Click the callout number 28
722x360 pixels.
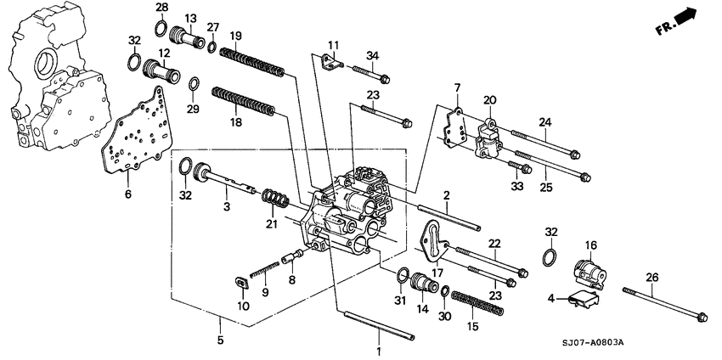point(161,8)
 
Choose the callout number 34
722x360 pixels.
point(370,57)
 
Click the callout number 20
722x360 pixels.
point(490,100)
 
